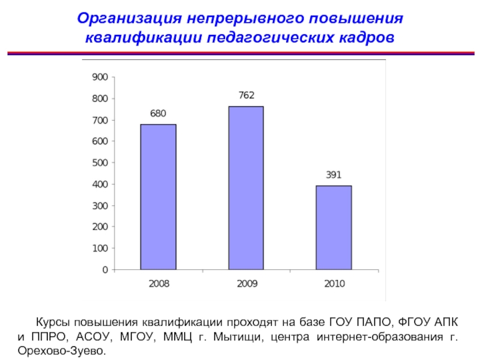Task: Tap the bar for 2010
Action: (334, 227)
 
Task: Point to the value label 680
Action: (158, 113)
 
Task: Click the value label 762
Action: (246, 95)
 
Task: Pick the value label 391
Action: (334, 175)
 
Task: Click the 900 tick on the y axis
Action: (99, 77)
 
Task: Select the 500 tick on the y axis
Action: (99, 163)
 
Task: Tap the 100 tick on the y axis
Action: (99, 248)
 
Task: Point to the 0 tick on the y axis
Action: (105, 270)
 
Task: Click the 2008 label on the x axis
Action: (158, 283)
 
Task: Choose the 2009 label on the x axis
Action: (246, 283)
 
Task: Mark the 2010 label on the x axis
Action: (334, 283)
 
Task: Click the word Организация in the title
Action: (123, 17)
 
